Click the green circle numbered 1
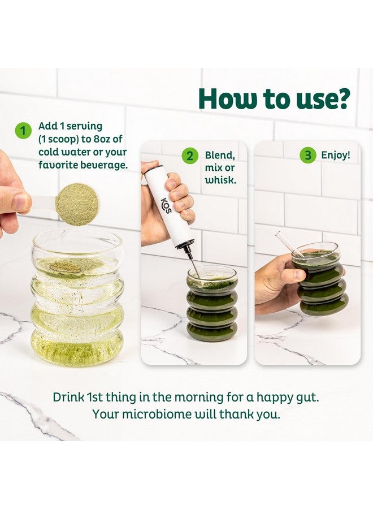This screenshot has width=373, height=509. click(23, 131)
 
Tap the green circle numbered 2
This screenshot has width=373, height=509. click(190, 156)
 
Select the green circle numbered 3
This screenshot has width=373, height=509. click(307, 155)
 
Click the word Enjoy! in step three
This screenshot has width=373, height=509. click(336, 155)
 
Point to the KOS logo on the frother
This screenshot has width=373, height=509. click(167, 205)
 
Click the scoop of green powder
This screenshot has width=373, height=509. click(76, 205)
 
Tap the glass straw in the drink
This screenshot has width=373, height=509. click(290, 245)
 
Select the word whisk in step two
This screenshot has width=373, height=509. click(220, 180)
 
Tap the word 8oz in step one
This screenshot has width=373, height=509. click(103, 139)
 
